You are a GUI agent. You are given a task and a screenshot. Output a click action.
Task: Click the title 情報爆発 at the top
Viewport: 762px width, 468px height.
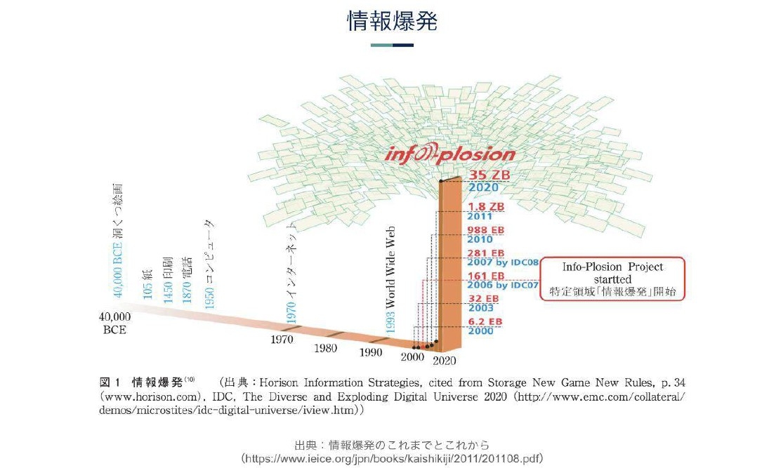(x=392, y=22)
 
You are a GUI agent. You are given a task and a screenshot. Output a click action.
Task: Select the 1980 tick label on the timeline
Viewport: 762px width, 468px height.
(x=326, y=348)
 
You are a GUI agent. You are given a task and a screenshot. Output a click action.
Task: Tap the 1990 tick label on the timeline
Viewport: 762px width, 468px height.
(x=371, y=352)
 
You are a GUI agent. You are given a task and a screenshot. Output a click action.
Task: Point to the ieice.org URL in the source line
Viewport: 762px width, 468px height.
(x=392, y=458)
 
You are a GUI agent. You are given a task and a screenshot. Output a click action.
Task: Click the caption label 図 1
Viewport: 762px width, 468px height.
(x=111, y=382)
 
